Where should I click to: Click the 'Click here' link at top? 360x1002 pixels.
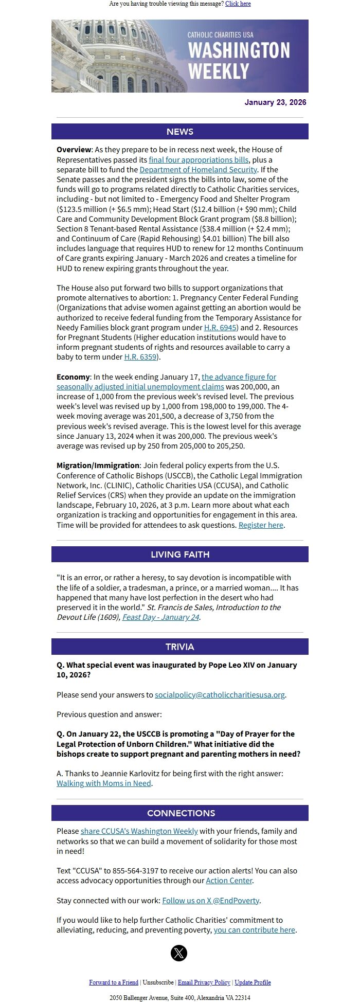pos(238,4)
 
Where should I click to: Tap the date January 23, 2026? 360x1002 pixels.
pos(275,102)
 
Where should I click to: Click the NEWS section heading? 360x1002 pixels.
pos(179,132)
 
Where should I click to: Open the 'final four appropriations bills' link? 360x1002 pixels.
pos(199,160)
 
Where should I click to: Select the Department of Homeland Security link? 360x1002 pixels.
pos(198,170)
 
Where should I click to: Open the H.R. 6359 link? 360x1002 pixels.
pos(140,357)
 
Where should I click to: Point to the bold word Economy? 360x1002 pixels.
pos(73,377)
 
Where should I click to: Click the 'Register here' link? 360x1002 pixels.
pos(261,525)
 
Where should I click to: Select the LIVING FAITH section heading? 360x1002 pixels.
pos(179,554)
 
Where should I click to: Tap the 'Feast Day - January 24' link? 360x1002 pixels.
pos(160,617)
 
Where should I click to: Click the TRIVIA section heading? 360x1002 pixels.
pos(179,647)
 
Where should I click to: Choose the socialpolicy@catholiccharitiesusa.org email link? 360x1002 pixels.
pos(220,695)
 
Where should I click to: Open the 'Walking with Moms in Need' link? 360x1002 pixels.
pos(104,783)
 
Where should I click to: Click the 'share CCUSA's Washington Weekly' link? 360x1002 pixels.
pos(139,831)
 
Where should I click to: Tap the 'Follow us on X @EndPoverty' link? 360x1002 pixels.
pos(210,901)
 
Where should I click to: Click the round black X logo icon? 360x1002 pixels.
pos(179,953)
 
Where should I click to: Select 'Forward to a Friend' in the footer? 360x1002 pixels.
pos(114,982)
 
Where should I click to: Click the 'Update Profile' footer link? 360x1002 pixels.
pos(253,982)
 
